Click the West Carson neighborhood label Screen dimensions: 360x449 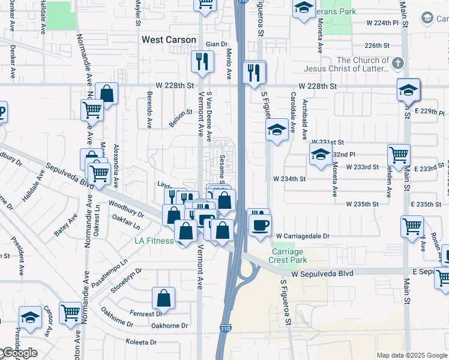[169, 40]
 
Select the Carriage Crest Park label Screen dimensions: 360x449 [289, 256]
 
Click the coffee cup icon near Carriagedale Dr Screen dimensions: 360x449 [260, 225]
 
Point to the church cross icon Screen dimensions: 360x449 [397, 63]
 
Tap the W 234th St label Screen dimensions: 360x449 [289, 179]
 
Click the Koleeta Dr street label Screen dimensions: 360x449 [141, 342]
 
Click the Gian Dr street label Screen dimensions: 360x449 [217, 44]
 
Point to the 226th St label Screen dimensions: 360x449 [378, 45]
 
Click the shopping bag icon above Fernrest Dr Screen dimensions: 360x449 [163, 298]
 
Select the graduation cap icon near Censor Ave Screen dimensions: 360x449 [30, 317]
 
